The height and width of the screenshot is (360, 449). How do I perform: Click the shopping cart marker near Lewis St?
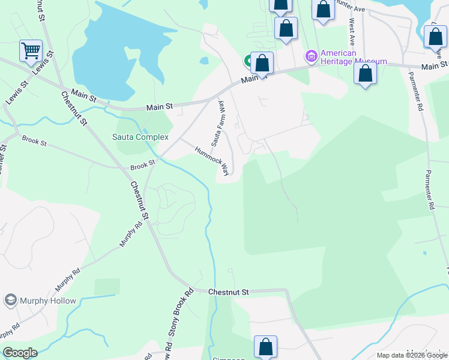point(31,51)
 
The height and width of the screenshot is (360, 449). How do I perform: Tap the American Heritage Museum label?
point(354,58)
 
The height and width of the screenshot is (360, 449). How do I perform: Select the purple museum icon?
point(311,57)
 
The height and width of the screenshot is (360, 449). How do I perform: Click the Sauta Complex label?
point(140,137)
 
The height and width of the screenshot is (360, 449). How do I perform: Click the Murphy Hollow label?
point(48,301)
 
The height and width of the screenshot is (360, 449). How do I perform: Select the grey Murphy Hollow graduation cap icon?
point(10,300)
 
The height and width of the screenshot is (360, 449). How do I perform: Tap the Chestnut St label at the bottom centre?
point(228,292)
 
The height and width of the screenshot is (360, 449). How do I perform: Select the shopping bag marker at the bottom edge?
point(265,347)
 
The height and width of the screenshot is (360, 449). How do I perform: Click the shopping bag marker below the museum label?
point(365,74)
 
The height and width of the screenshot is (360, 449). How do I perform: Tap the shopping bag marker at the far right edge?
point(435,37)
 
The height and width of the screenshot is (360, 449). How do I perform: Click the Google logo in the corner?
point(20,353)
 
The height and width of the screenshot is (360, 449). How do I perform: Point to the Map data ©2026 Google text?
point(412,355)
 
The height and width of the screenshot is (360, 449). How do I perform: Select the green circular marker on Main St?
point(248,60)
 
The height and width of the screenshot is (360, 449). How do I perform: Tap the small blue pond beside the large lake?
point(204,61)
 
